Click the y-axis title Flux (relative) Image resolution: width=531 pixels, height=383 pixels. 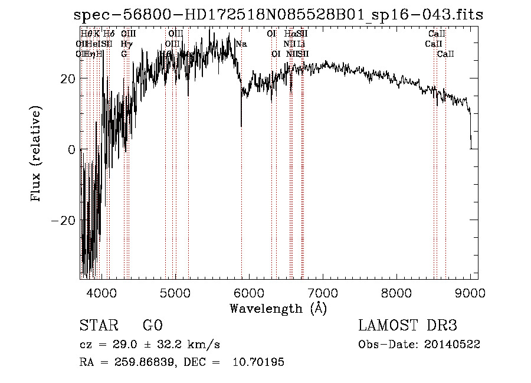[x=37, y=155]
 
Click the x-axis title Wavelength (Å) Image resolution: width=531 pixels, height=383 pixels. [x=278, y=308]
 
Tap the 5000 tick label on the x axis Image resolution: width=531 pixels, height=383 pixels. [x=175, y=293]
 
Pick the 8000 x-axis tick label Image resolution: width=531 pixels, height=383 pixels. [x=396, y=293]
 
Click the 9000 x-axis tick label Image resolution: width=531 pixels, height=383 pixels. [x=470, y=293]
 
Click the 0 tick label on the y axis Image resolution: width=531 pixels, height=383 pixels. [x=71, y=149]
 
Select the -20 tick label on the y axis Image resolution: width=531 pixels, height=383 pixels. [x=64, y=220]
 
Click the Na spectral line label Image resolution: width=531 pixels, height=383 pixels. [x=241, y=44]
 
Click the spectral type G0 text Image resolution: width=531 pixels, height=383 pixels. [x=152, y=326]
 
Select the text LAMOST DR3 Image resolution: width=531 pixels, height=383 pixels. [x=408, y=326]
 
